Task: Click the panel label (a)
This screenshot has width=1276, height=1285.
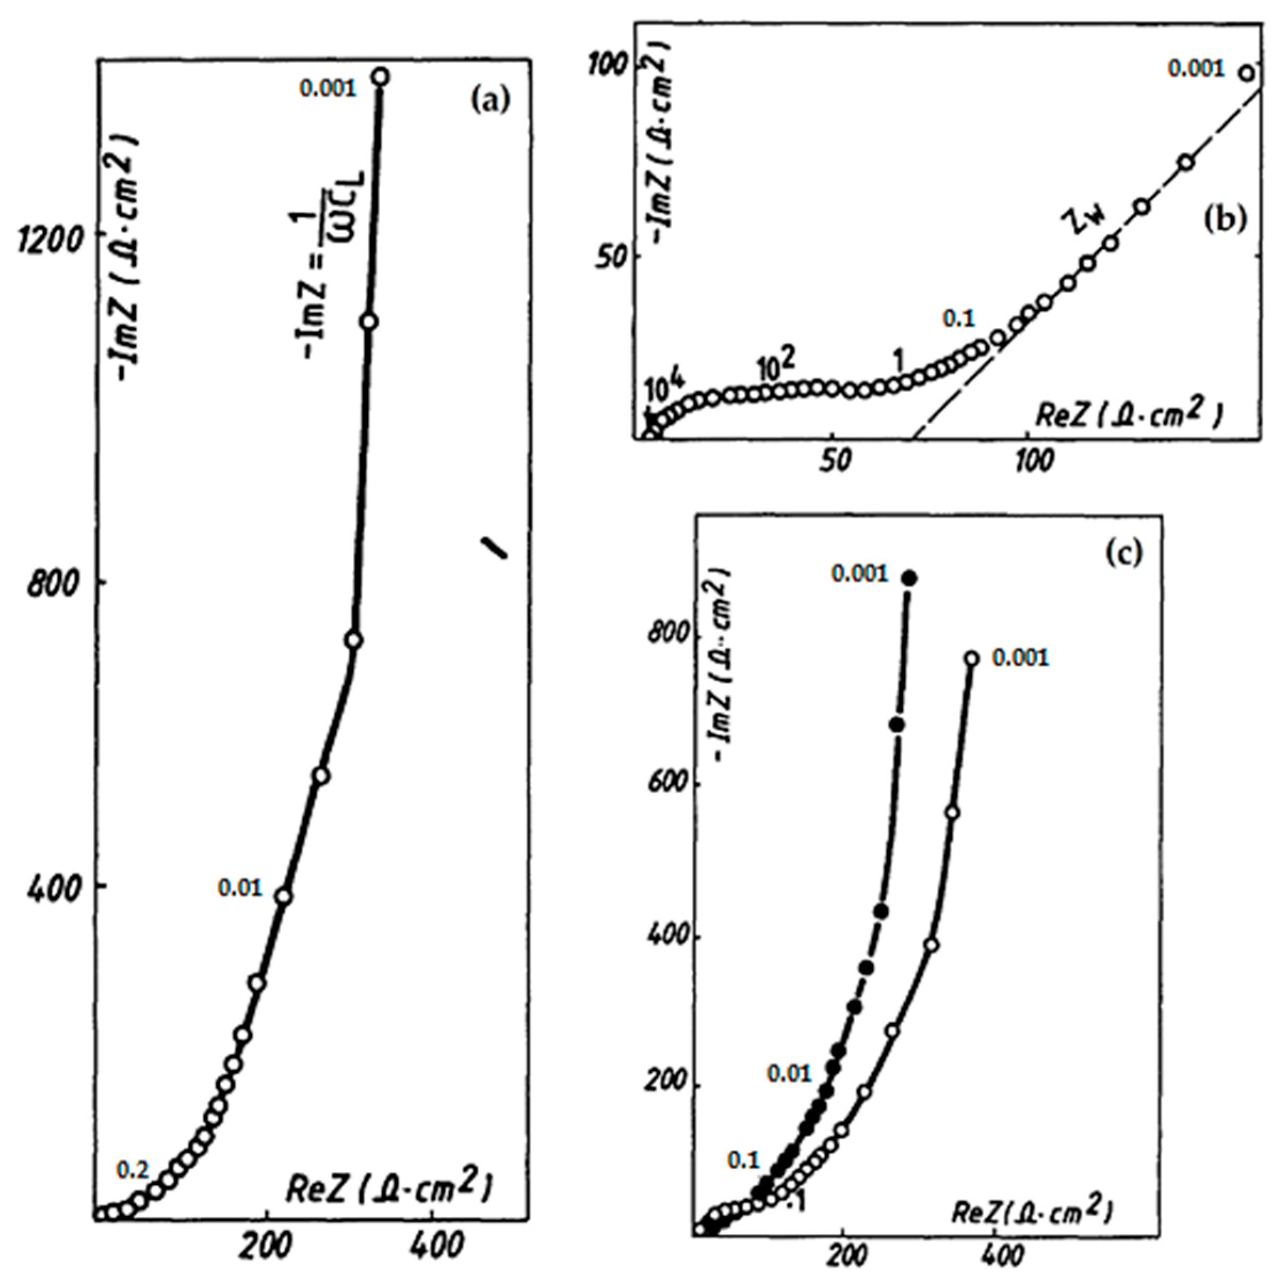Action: (489, 101)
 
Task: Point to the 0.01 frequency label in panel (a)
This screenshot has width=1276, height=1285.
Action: (240, 887)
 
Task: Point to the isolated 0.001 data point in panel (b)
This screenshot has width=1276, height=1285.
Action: (1247, 73)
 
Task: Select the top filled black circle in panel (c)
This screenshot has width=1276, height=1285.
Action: (909, 579)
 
